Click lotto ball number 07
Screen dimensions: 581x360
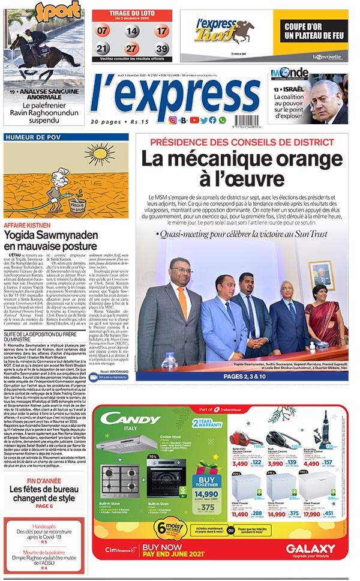pos(103,31)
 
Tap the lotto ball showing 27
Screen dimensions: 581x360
pos(131,49)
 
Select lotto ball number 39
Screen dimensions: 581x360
pos(160,49)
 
